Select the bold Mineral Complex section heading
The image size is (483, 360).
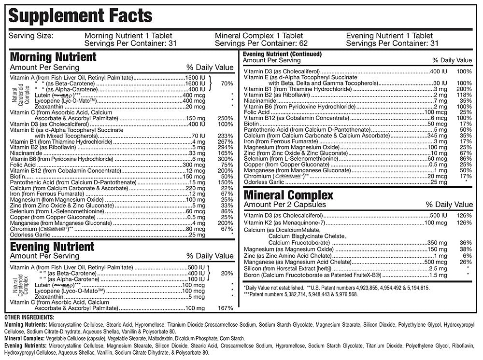pyautogui.click(x=288, y=195)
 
